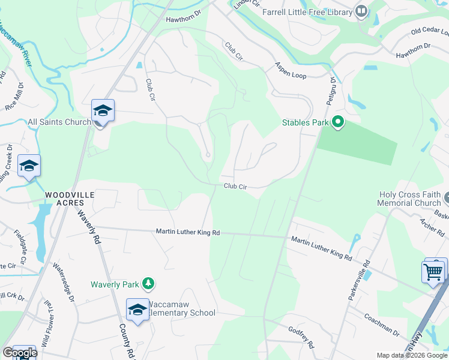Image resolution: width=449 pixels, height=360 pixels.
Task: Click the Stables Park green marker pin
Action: click(338, 122)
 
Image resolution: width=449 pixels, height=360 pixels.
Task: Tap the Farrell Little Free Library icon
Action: click(361, 11)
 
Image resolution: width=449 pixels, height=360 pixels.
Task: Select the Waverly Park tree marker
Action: click(148, 283)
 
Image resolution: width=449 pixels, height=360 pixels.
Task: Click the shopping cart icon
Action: click(433, 271)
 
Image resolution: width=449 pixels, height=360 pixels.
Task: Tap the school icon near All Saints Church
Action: click(103, 111)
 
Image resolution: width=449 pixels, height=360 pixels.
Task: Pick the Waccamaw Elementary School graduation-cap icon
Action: click(137, 310)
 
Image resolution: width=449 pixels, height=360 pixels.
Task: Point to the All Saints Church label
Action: click(59, 122)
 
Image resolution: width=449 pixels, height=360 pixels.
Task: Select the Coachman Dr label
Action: click(381, 323)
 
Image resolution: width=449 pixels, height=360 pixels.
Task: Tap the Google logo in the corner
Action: click(19, 353)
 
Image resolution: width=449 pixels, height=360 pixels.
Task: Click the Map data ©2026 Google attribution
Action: click(412, 355)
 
